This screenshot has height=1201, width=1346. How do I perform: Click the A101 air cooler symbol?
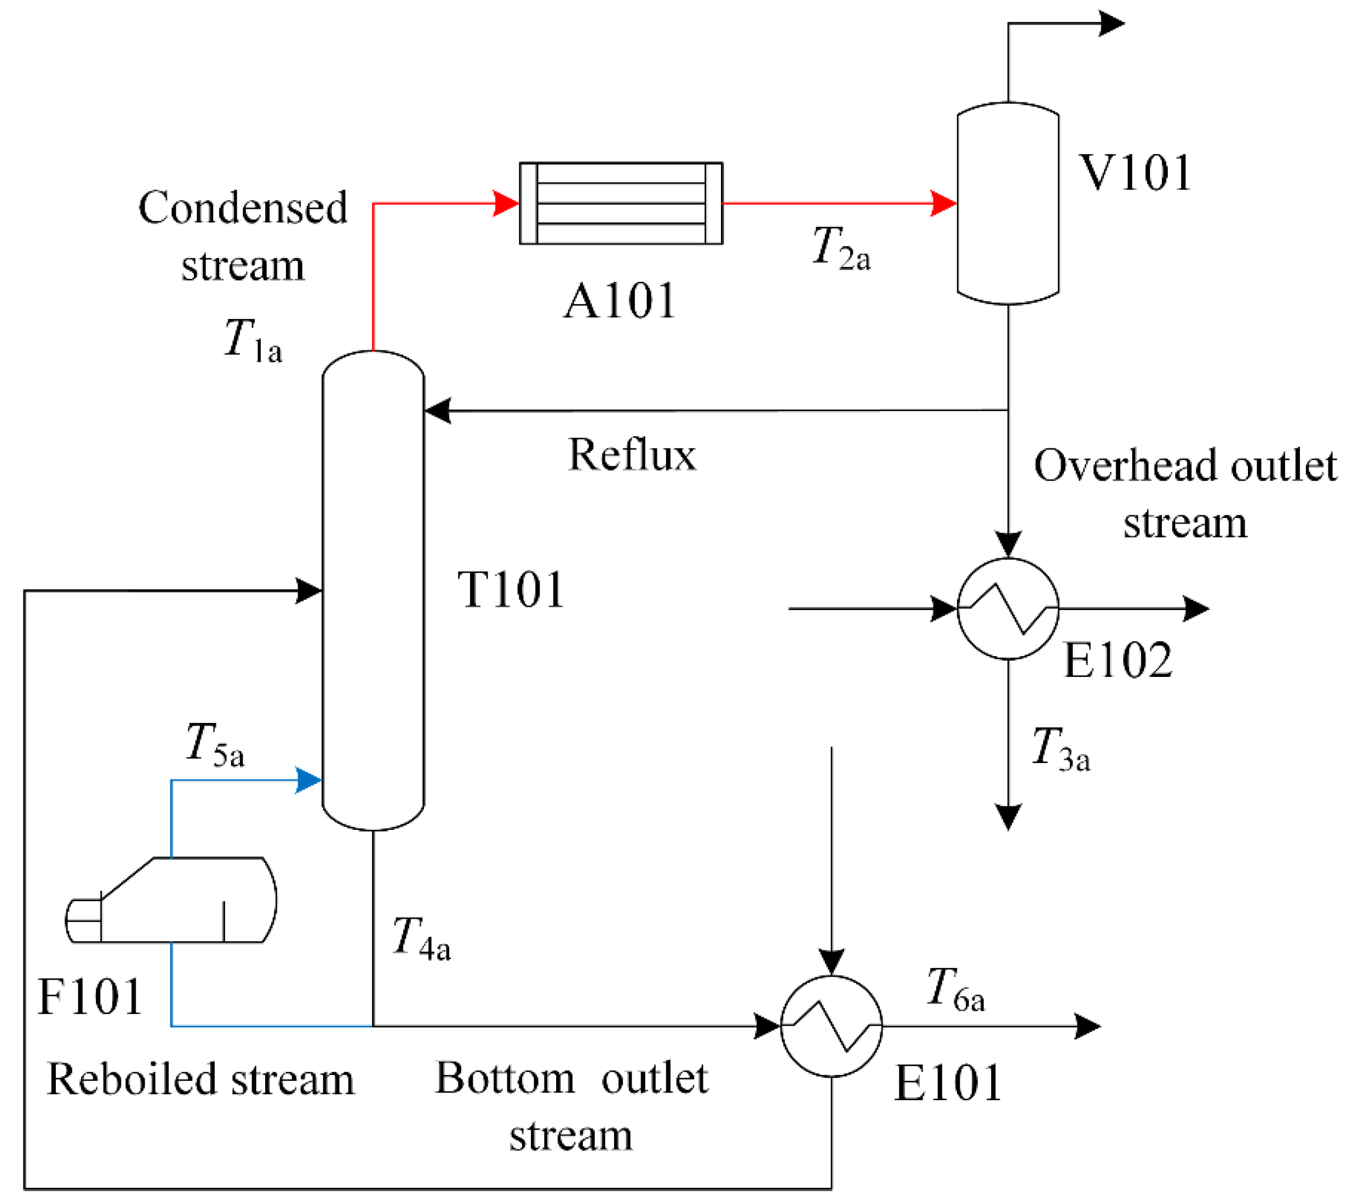click(x=621, y=203)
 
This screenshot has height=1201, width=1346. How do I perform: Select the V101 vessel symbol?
click(x=1007, y=203)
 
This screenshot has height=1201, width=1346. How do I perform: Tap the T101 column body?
click(x=373, y=590)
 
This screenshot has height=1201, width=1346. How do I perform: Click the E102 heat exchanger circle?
click(x=1007, y=608)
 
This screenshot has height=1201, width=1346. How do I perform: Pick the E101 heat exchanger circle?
click(x=831, y=1026)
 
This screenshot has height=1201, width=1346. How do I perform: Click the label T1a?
click(x=253, y=340)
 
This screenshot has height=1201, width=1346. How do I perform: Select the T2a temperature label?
click(x=841, y=248)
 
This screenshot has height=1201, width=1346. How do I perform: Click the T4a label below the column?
click(x=421, y=938)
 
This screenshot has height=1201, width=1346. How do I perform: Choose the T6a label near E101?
click(x=955, y=990)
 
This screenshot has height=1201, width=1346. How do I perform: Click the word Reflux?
click(x=632, y=456)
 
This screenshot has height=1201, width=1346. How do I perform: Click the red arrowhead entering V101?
click(x=943, y=203)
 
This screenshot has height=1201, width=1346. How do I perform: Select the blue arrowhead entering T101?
click(x=308, y=780)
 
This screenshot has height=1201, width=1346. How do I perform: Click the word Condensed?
click(x=242, y=208)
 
